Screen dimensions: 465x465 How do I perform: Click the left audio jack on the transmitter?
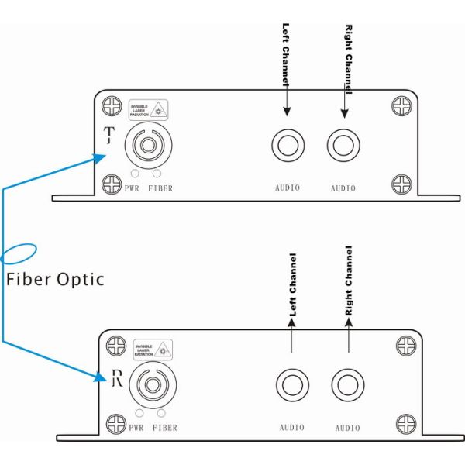click(287, 145)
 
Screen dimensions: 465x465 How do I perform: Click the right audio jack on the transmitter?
click(343, 145)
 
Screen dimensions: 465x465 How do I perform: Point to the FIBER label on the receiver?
click(165, 428)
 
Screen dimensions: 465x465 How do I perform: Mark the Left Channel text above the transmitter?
click(285, 54)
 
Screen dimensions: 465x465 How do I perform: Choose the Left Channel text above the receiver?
click(292, 285)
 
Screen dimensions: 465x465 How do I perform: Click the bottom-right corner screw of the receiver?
click(406, 424)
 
